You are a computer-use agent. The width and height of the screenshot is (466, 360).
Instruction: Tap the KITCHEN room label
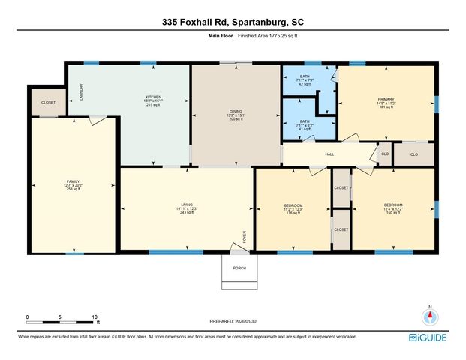click(x=153, y=100)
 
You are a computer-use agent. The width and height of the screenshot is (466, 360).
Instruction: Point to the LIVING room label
click(x=187, y=208)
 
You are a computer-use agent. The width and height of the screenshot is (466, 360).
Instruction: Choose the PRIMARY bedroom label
click(x=386, y=101)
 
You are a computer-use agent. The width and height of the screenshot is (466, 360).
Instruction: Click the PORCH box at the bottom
click(x=239, y=268)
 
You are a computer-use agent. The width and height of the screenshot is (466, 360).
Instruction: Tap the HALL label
click(x=329, y=154)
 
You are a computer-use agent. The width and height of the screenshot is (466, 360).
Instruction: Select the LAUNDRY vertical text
click(x=81, y=91)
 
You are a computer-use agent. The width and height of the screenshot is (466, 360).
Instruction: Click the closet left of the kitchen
click(x=48, y=103)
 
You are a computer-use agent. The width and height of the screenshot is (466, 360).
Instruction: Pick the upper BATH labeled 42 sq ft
click(x=304, y=79)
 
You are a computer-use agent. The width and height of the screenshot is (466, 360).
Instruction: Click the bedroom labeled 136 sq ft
click(x=293, y=208)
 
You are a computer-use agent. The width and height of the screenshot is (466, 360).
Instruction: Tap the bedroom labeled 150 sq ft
click(x=393, y=208)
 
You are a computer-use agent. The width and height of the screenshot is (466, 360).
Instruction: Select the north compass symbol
click(x=430, y=317)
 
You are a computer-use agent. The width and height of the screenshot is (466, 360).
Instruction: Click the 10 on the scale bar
click(x=96, y=316)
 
